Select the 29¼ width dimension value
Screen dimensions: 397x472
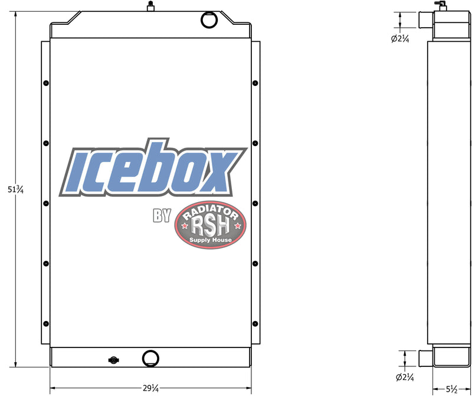pos(150,389)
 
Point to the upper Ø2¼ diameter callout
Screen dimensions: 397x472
pos(400,39)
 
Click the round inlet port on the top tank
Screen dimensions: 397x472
pos(209,20)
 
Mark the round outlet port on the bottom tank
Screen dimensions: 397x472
pos(150,358)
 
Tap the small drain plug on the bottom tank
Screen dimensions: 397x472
pos(112,360)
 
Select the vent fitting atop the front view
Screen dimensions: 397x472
pos(150,6)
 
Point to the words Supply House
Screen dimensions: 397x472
pos(211,240)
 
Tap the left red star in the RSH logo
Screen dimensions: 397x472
pos(185,226)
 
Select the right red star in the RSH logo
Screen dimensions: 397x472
pos(237,226)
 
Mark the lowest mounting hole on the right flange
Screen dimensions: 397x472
pos(255,323)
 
